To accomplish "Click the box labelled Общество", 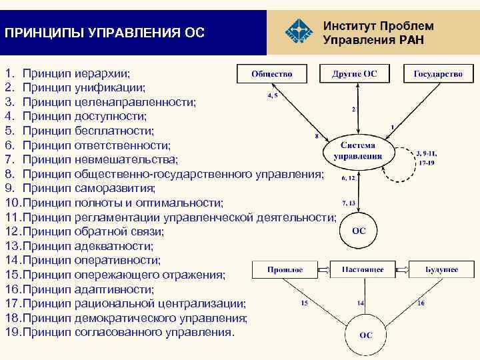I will pyautogui.click(x=271, y=73).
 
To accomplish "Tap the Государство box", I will pyautogui.click(x=438, y=73).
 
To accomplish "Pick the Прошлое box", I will pyautogui.click(x=285, y=269).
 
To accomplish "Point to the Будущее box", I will pyautogui.click(x=442, y=269).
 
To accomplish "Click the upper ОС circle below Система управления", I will pyautogui.click(x=357, y=231).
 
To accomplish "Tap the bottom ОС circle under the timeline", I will pyautogui.click(x=365, y=335).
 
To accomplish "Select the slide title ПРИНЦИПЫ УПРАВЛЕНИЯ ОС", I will pyautogui.click(x=104, y=32).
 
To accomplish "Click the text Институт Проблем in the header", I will pyautogui.click(x=377, y=26).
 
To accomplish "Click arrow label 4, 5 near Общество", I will pyautogui.click(x=273, y=96).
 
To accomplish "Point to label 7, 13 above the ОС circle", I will pyautogui.click(x=349, y=202).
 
